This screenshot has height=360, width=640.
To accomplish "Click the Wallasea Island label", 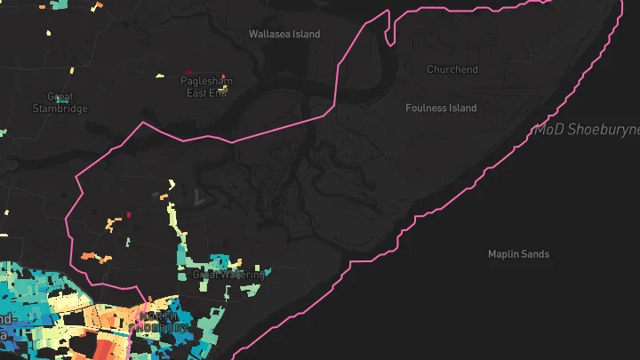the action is pyautogui.click(x=284, y=34).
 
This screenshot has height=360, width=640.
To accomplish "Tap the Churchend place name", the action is pyautogui.click(x=452, y=69).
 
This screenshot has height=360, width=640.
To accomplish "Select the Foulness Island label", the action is pyautogui.click(x=441, y=108).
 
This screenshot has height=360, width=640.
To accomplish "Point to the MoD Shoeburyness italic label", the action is pyautogui.click(x=587, y=130).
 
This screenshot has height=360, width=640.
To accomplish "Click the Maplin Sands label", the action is pyautogui.click(x=518, y=254).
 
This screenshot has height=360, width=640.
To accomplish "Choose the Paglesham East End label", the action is pyautogui.click(x=206, y=86).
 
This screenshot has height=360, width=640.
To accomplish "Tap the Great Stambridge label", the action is pyautogui.click(x=60, y=102).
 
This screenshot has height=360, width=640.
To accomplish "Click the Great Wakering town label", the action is pyautogui.click(x=228, y=276).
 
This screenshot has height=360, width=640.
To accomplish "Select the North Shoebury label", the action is pyautogui.click(x=162, y=321).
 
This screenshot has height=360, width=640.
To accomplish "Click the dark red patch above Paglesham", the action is pyautogui.click(x=188, y=72).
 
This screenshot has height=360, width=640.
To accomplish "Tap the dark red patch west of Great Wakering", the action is pyautogui.click(x=129, y=214).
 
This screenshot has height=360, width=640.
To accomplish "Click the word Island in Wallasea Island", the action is pyautogui.click(x=305, y=34).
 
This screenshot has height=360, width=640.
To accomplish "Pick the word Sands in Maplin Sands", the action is pyautogui.click(x=534, y=254).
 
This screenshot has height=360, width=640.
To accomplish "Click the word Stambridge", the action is pyautogui.click(x=60, y=108).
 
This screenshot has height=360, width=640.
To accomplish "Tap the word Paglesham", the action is pyautogui.click(x=206, y=81).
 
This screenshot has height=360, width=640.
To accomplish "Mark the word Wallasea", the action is pyautogui.click(x=269, y=34).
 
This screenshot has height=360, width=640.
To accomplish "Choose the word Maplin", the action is pyautogui.click(x=503, y=254).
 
